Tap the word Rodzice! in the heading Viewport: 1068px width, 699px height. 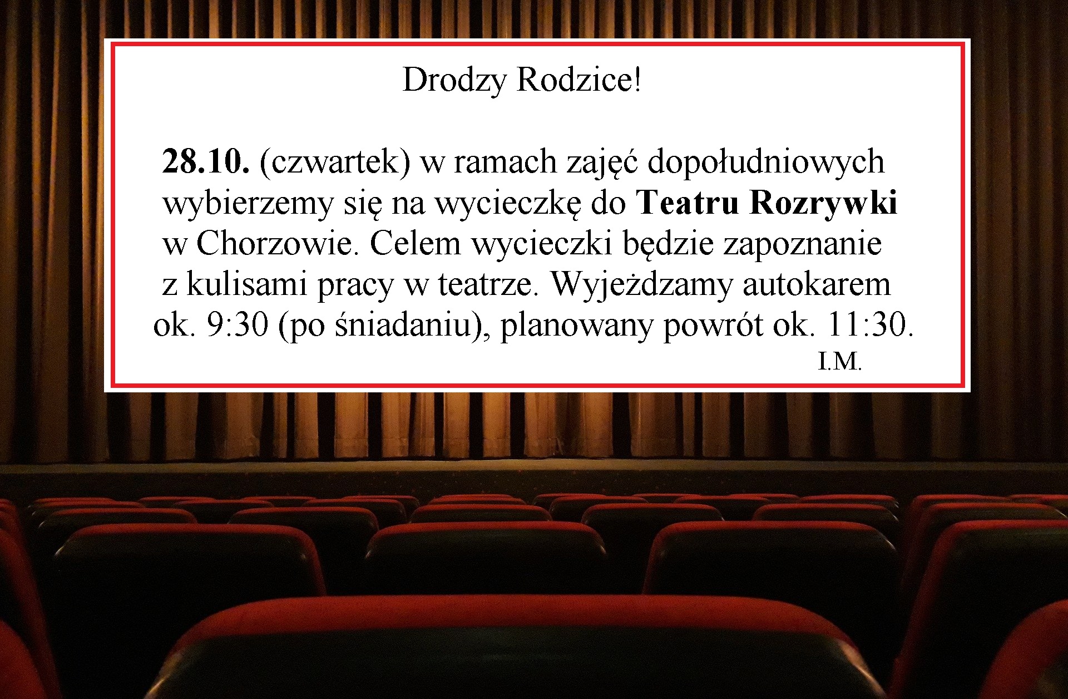point(579,80)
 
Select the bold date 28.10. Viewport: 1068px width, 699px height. point(206,162)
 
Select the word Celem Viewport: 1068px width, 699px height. point(416,243)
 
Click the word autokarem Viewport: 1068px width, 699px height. point(817,284)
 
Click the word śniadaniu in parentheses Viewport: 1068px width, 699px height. point(404,325)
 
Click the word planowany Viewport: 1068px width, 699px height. point(576,326)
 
